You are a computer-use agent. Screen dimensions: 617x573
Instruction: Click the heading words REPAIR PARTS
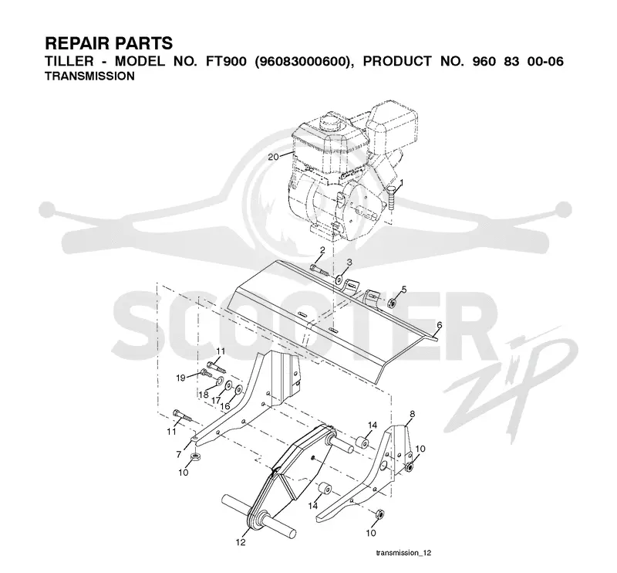point(109,43)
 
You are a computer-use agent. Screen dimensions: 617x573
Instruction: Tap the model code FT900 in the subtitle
point(224,62)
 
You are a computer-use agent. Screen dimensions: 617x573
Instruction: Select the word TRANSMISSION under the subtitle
point(89,76)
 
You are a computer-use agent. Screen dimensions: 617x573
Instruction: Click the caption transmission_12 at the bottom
point(403,553)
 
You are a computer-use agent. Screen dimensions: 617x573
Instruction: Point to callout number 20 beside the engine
point(273,157)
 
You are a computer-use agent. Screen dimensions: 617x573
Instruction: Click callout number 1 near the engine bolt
point(401,182)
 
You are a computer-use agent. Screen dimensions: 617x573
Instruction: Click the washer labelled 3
point(339,280)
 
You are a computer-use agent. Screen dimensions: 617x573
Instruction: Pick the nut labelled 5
point(392,303)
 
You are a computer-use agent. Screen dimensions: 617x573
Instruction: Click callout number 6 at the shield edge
point(439,325)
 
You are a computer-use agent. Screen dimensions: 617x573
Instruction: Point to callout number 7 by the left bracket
point(179,454)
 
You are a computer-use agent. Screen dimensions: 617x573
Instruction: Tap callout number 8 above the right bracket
point(412,414)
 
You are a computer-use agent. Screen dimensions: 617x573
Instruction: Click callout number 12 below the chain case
point(241,542)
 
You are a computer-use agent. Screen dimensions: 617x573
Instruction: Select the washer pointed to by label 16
point(238,390)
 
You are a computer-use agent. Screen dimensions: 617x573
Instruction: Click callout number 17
point(216,400)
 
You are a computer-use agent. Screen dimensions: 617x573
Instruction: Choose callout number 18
point(204,395)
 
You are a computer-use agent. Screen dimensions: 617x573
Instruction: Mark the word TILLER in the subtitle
point(69,62)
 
